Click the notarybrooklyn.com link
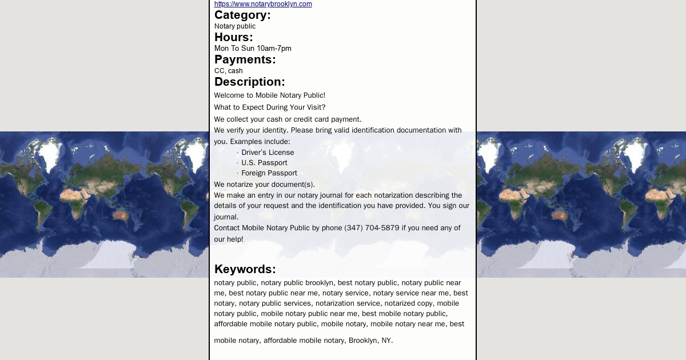(263, 4)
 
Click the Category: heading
(242, 15)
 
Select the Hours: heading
(233, 37)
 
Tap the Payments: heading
(245, 59)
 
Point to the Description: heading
(249, 82)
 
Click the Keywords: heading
(245, 269)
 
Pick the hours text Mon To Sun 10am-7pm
(253, 49)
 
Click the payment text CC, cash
(228, 71)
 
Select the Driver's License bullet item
(268, 153)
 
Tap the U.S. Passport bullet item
(264, 163)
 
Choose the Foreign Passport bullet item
(269, 173)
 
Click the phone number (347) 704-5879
(372, 228)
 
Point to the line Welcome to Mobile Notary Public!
(269, 95)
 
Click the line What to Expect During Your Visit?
(269, 107)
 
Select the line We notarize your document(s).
(264, 184)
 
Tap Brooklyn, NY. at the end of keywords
(370, 341)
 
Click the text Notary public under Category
(234, 26)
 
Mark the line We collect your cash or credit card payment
(288, 119)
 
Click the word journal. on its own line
(226, 217)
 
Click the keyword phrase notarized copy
(409, 303)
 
